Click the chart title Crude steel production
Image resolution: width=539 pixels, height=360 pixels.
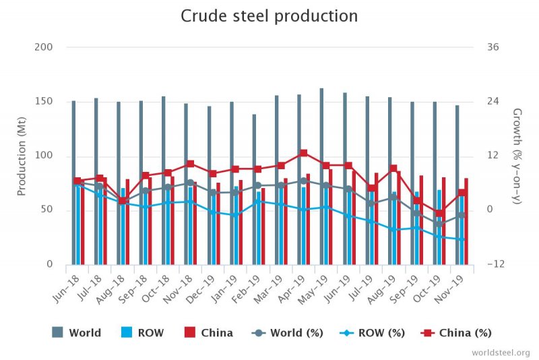[269, 16]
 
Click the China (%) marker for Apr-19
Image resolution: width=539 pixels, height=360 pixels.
[304, 153]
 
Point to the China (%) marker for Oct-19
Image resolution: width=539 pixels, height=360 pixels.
[439, 214]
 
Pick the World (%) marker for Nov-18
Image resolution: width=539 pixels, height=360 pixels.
[191, 183]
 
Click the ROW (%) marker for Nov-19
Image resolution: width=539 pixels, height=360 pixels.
[462, 239]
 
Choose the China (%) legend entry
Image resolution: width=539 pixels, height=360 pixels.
[456, 332]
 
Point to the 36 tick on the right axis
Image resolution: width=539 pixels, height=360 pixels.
[492, 47]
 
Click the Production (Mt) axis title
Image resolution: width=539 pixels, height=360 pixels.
[22, 156]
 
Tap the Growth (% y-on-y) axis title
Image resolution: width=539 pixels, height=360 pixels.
[517, 156]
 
